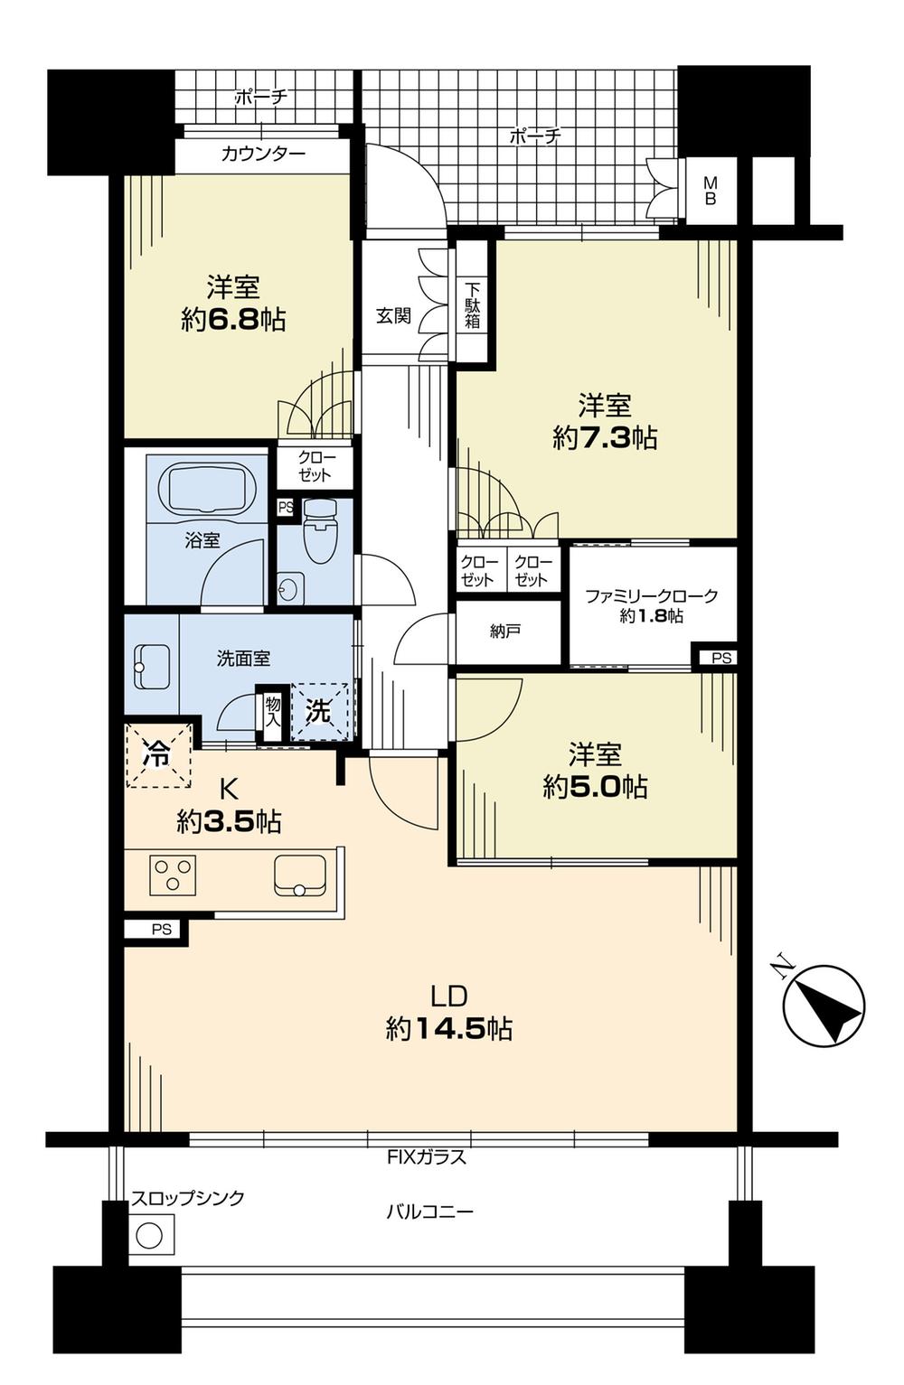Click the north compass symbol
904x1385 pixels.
(823, 1004)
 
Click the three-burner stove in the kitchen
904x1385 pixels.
(174, 875)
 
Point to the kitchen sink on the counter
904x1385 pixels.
(300, 875)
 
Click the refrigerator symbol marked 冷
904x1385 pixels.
(158, 753)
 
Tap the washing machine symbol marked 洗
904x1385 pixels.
(318, 711)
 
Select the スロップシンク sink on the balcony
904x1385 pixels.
(150, 1233)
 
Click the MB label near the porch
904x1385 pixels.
(710, 191)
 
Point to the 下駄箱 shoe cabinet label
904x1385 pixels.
(473, 305)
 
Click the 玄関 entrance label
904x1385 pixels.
(393, 315)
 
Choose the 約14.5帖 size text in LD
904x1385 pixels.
(449, 1028)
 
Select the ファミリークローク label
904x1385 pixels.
(651, 596)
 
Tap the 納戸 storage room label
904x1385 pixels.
(505, 632)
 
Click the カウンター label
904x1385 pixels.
(263, 154)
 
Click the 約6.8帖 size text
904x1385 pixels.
(233, 319)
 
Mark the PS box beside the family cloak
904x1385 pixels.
(720, 658)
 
